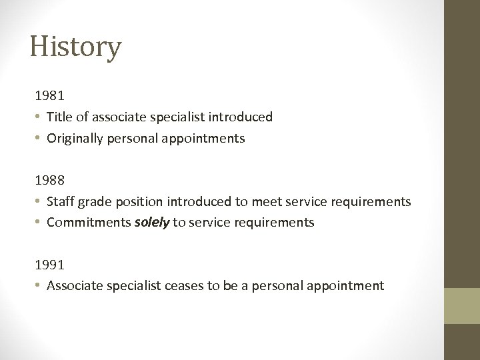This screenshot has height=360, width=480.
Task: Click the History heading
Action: [75, 47]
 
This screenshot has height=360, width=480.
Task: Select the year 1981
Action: [50, 96]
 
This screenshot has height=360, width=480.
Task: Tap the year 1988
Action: [50, 180]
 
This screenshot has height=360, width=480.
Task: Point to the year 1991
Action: [50, 265]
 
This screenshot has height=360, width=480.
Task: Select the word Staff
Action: [60, 201]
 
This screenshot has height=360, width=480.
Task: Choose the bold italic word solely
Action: [152, 223]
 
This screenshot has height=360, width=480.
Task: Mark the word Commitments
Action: [89, 223]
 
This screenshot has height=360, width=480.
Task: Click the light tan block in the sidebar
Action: [462, 306]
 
